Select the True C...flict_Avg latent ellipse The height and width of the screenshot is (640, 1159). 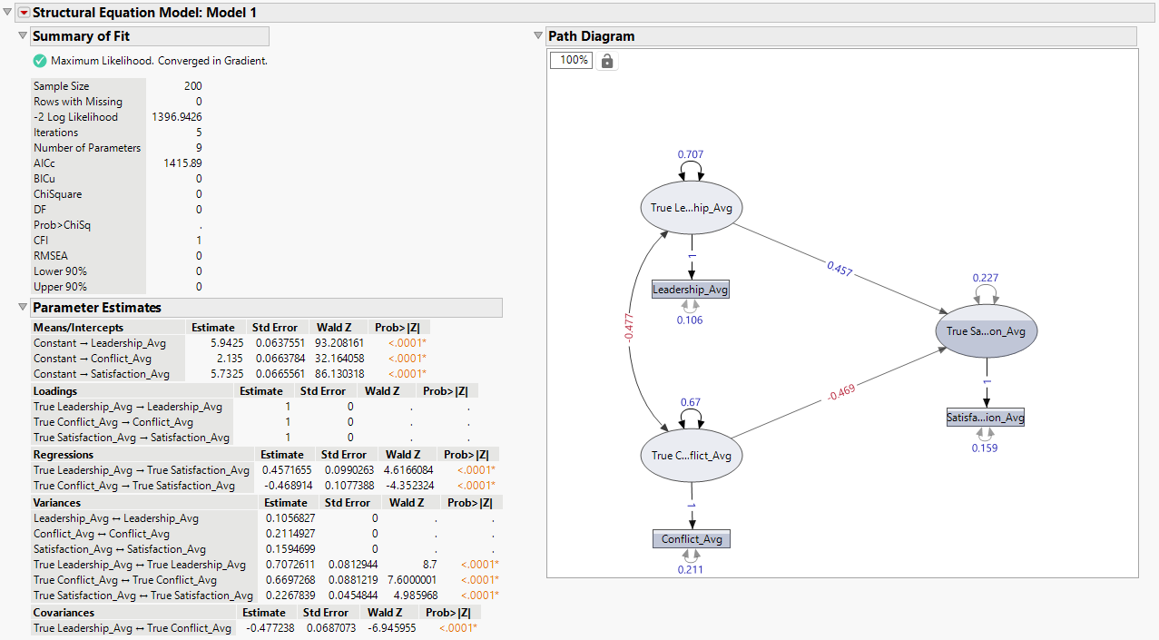click(691, 455)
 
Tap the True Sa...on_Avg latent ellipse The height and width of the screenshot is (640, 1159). click(986, 331)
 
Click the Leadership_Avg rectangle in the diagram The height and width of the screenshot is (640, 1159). click(691, 290)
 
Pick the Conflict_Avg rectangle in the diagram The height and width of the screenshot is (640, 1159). click(691, 539)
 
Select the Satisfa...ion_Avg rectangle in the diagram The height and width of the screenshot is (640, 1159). click(986, 418)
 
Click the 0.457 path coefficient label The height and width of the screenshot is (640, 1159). click(840, 270)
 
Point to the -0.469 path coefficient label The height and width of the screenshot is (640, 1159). click(841, 392)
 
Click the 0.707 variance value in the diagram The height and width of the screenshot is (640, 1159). click(691, 155)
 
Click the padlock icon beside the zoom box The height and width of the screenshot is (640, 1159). click(607, 61)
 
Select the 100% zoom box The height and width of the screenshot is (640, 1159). click(572, 61)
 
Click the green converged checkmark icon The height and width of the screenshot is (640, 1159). click(40, 61)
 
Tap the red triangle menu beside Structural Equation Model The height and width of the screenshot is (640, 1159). click(24, 13)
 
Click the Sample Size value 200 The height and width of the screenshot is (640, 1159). click(192, 86)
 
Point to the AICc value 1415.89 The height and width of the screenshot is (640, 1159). click(182, 163)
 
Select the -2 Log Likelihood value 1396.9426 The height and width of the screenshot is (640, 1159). click(177, 117)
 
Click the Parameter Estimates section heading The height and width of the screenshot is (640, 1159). click(96, 308)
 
